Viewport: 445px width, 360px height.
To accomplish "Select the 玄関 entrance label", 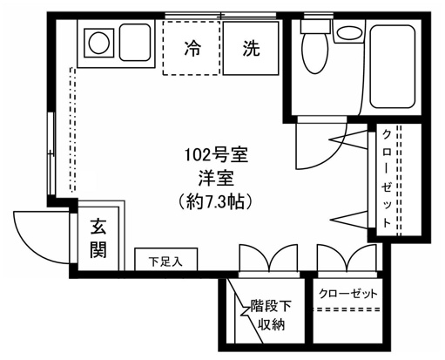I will pyautogui.click(x=98, y=238).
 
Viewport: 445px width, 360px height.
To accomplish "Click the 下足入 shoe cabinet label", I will pyautogui.click(x=165, y=261).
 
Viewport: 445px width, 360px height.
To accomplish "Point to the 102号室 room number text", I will pyautogui.click(x=218, y=158).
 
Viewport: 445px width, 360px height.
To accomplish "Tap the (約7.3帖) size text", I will pyautogui.click(x=218, y=200).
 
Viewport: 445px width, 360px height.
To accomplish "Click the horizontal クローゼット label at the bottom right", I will pyautogui.click(x=349, y=293).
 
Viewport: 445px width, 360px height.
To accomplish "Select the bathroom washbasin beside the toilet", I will pyautogui.click(x=351, y=34).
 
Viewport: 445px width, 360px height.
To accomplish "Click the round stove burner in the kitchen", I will pyautogui.click(x=98, y=40).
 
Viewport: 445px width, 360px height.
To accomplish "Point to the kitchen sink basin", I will pyautogui.click(x=135, y=42).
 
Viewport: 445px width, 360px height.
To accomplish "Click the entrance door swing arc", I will pyautogui.click(x=39, y=233).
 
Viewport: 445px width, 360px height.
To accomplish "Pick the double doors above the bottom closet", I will pyautogui.click(x=345, y=260).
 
